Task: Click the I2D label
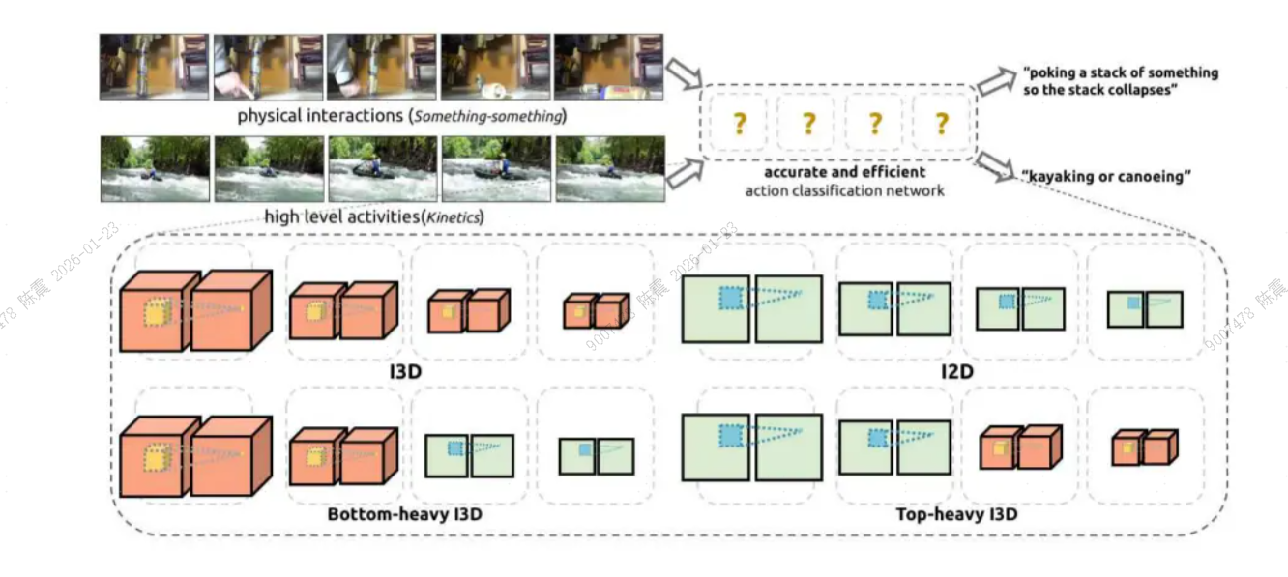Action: click(x=958, y=371)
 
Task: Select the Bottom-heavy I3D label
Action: click(x=404, y=514)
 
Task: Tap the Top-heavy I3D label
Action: click(x=956, y=514)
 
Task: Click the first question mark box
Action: click(x=738, y=123)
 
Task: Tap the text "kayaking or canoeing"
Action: click(x=1106, y=176)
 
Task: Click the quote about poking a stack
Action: click(x=1120, y=80)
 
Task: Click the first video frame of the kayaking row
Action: click(x=155, y=168)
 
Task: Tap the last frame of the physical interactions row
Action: click(x=609, y=67)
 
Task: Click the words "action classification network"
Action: click(x=844, y=190)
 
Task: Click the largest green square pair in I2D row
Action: click(x=751, y=308)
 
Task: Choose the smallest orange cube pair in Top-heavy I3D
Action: click(x=1144, y=447)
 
